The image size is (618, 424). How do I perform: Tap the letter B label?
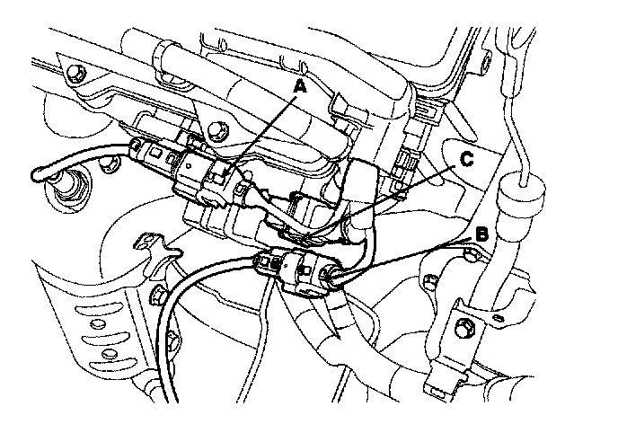481,234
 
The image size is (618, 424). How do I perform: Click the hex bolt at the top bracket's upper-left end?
80,71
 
